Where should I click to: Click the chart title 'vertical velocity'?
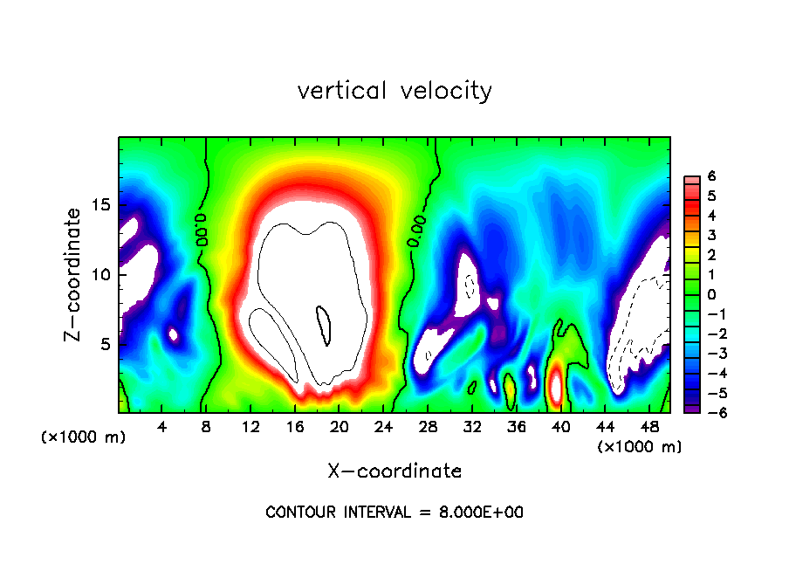[x=394, y=91]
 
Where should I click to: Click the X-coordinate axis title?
[x=394, y=471]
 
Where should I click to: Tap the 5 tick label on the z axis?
[x=106, y=344]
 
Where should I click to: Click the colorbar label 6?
[x=711, y=176]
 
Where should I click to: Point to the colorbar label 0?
[x=711, y=294]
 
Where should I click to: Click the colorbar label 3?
[x=711, y=235]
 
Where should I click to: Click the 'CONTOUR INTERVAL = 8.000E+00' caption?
[x=394, y=513]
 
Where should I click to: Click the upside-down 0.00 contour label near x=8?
[x=202, y=228]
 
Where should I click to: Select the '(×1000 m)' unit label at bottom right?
[x=640, y=447]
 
